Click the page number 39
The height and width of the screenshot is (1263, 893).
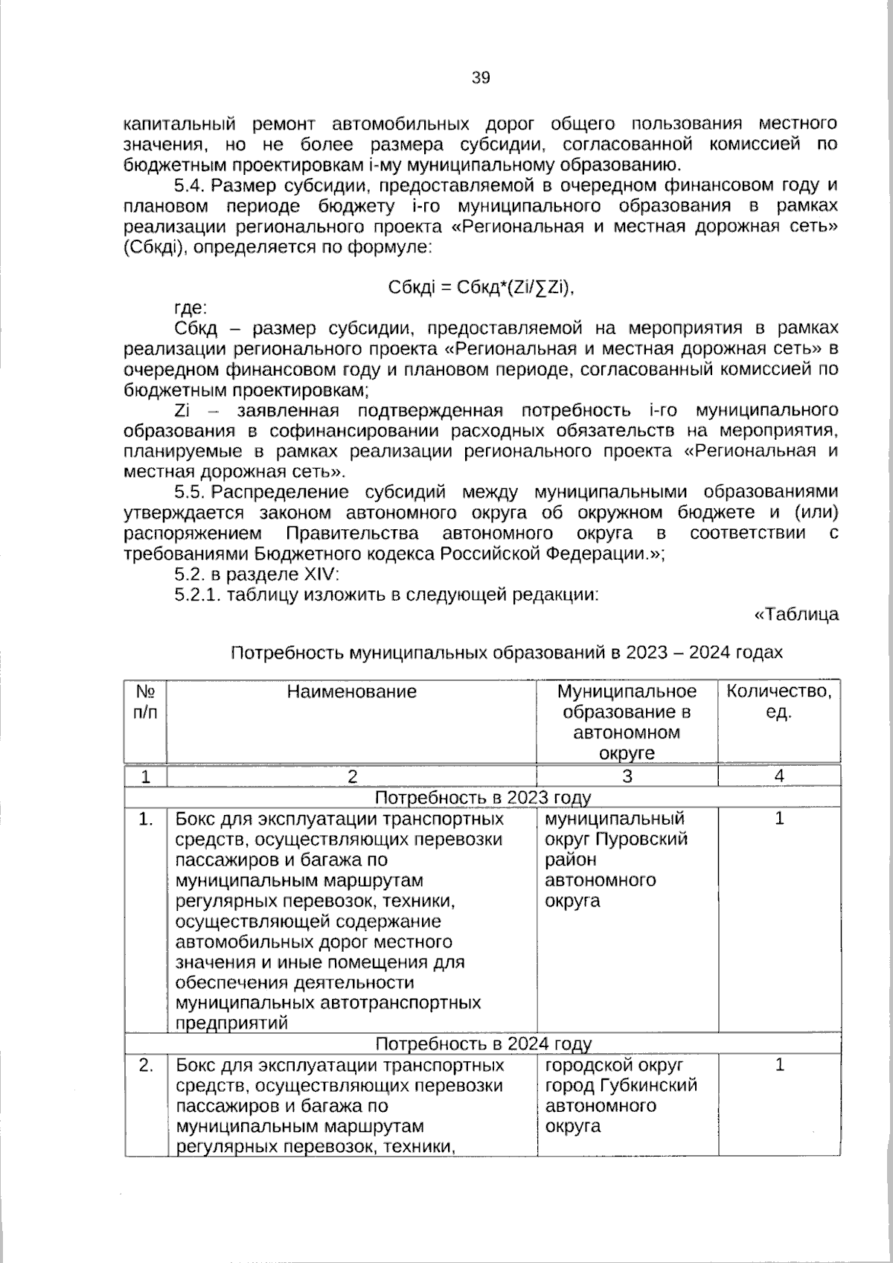pos(481,77)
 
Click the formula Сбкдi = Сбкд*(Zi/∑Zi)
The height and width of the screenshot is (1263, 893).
pos(482,287)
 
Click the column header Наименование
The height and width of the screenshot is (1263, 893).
pos(351,692)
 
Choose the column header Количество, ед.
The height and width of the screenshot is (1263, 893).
pos(778,702)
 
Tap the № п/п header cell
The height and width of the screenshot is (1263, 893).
pos(146,702)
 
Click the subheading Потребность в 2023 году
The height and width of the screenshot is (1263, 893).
pos(482,798)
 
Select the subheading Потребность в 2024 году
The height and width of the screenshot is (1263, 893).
pos(482,1043)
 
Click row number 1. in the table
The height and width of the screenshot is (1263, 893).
pos(146,819)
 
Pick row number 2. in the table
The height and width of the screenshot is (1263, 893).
pos(146,1065)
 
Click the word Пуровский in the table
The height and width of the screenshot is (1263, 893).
pos(644,840)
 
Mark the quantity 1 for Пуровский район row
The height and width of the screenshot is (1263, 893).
pos(778,819)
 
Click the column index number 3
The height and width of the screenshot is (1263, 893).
pos(627,776)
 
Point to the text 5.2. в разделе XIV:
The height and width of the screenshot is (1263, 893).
pos(257,574)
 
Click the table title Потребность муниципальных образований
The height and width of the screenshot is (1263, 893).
pos(506,653)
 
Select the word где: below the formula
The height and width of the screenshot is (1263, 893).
pos(191,308)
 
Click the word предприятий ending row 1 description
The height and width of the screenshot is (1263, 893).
pos(231,1023)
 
